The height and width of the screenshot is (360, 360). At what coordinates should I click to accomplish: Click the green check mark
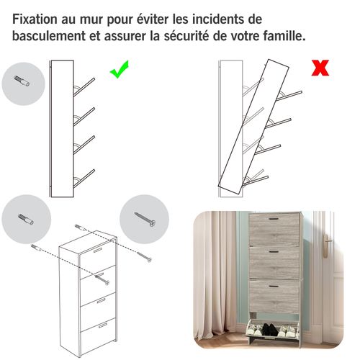(x=120, y=71)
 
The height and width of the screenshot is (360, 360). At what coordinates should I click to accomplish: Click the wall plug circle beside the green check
(x=23, y=84)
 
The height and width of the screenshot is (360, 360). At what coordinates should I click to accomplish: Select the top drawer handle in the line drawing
(x=95, y=253)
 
